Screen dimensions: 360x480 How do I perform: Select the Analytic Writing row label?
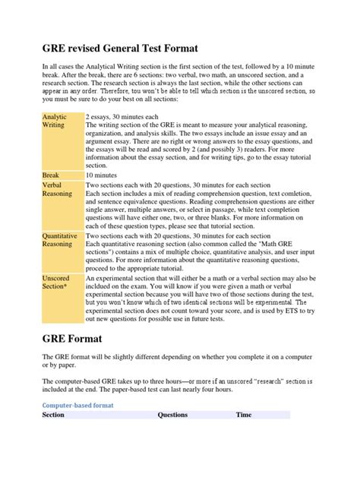click(x=54, y=121)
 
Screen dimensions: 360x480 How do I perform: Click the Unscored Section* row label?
click(x=55, y=284)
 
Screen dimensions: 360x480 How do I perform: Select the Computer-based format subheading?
click(x=77, y=406)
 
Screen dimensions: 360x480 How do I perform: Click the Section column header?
click(x=53, y=415)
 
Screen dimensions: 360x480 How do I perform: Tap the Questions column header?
click(x=172, y=415)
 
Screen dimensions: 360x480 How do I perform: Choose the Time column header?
click(x=244, y=415)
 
